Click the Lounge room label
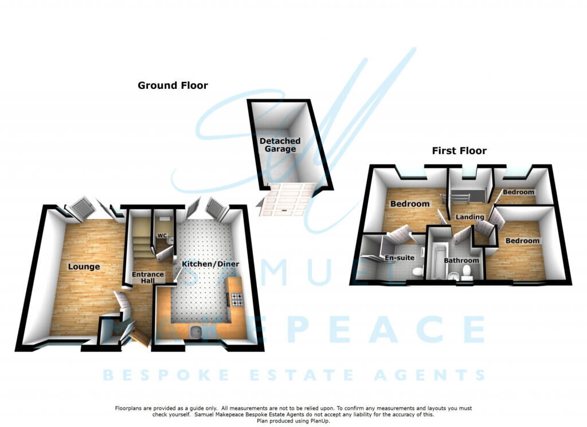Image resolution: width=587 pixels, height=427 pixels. click(x=84, y=267)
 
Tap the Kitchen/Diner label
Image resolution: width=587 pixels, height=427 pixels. click(x=210, y=264)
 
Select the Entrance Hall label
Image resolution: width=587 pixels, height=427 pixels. click(x=148, y=277)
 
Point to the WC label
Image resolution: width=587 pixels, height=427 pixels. click(x=162, y=236)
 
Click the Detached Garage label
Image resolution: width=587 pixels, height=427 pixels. click(x=280, y=145)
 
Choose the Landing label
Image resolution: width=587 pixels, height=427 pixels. click(x=469, y=217)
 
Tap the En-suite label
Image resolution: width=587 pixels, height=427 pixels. click(x=400, y=258)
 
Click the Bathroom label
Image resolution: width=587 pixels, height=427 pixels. click(x=461, y=260)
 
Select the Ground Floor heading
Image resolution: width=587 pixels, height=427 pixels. click(x=173, y=85)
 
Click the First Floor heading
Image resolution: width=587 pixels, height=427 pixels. click(x=459, y=151)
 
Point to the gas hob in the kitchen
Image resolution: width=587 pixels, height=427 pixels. click(x=237, y=299)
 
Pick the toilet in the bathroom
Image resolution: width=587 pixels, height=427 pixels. click(x=467, y=272)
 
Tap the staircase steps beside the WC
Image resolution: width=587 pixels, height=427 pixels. click(x=141, y=236)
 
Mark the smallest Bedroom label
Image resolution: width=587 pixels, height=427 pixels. click(x=518, y=193)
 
